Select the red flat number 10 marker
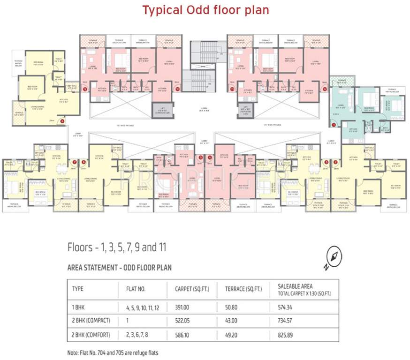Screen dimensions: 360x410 point(177,88)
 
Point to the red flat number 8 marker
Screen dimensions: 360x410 point(63,120)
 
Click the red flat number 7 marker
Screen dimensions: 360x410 point(74,162)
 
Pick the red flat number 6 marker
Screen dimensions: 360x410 point(84,162)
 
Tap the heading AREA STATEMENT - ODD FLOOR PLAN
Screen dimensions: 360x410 point(120,268)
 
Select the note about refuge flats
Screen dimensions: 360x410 point(113,352)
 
